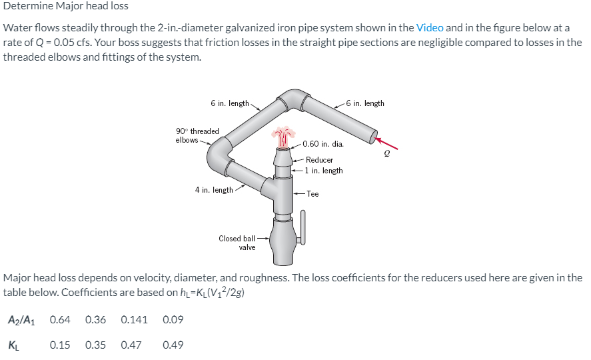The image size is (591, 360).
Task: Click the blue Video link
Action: [x=429, y=28]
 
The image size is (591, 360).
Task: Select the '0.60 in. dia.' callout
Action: [x=322, y=143]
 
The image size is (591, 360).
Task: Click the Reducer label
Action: [x=319, y=160]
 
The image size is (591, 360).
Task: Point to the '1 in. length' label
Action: [x=324, y=171]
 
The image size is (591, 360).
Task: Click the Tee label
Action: [x=312, y=194]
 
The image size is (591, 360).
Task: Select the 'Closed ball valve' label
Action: [x=237, y=243]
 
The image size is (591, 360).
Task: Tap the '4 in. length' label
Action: [x=214, y=190]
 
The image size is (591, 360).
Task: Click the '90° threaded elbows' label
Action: [x=197, y=135]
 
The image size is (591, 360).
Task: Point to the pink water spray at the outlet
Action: [x=284, y=135]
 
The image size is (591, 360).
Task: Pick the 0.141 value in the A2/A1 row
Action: [x=135, y=319]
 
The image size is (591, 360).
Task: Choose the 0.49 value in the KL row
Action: [x=173, y=345]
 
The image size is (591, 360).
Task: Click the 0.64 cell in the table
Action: [x=60, y=319]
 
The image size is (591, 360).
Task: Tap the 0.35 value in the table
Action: [x=96, y=345]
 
